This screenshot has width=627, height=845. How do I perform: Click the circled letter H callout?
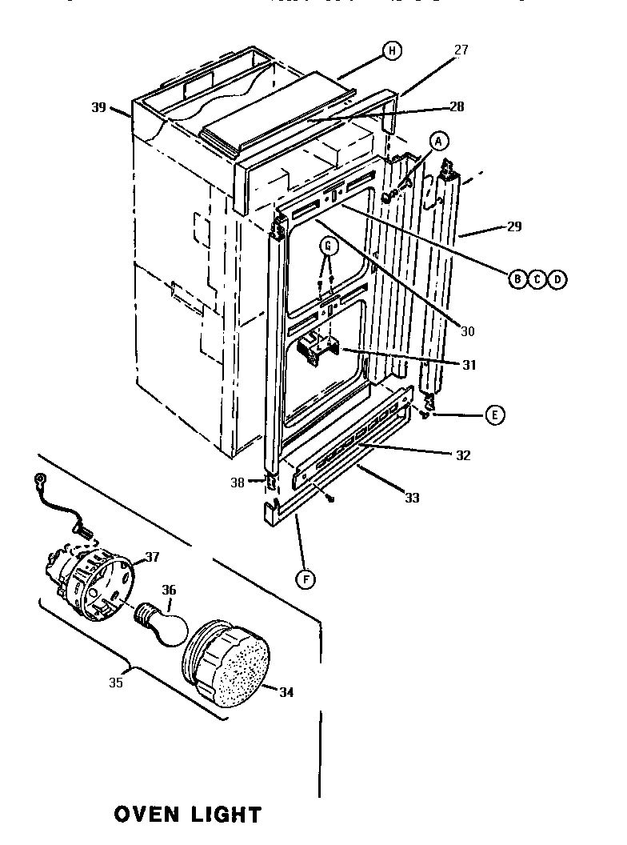click(x=391, y=51)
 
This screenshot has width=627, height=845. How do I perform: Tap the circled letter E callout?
click(x=495, y=414)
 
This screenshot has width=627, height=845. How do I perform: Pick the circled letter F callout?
click(x=304, y=578)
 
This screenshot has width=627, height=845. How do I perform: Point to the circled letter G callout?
click(x=327, y=246)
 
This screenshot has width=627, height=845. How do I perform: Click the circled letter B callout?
click(x=517, y=278)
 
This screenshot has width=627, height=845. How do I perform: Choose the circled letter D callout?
click(x=557, y=278)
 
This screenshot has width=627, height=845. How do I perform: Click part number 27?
click(x=461, y=50)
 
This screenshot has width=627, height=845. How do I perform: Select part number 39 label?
click(x=98, y=107)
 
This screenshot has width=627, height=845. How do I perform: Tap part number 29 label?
click(x=513, y=226)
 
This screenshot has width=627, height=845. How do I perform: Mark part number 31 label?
click(x=469, y=365)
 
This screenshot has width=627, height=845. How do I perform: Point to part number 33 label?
click(x=412, y=498)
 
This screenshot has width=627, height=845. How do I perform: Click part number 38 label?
click(x=237, y=483)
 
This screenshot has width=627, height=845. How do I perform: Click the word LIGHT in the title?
click(x=226, y=815)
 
